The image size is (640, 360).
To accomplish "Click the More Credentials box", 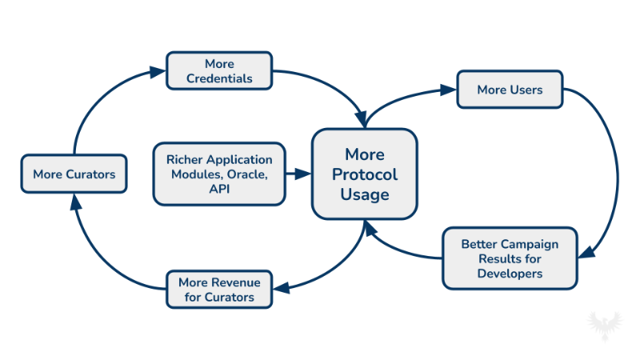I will pos(219,70).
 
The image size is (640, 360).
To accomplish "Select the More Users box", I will pos(510,90).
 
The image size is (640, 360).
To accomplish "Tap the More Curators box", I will pos(74,174).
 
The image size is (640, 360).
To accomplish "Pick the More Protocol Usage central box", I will pos(364,174).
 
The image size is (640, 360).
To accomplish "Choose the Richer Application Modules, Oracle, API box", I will pos(218,173).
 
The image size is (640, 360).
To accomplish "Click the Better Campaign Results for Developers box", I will pos(510,258).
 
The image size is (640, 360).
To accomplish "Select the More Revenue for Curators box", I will pos(219,289).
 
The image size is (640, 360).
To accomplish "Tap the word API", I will pos(218,187).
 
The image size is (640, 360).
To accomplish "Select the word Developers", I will pos(510,274).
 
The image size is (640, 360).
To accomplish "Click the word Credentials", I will pos(219,78).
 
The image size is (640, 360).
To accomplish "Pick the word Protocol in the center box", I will pos(364,174).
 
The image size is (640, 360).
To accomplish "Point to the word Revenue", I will pos(232,282).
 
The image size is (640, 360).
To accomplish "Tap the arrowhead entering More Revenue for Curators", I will pos(280,288).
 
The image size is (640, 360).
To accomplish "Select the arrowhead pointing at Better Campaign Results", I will pos(586,254).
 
